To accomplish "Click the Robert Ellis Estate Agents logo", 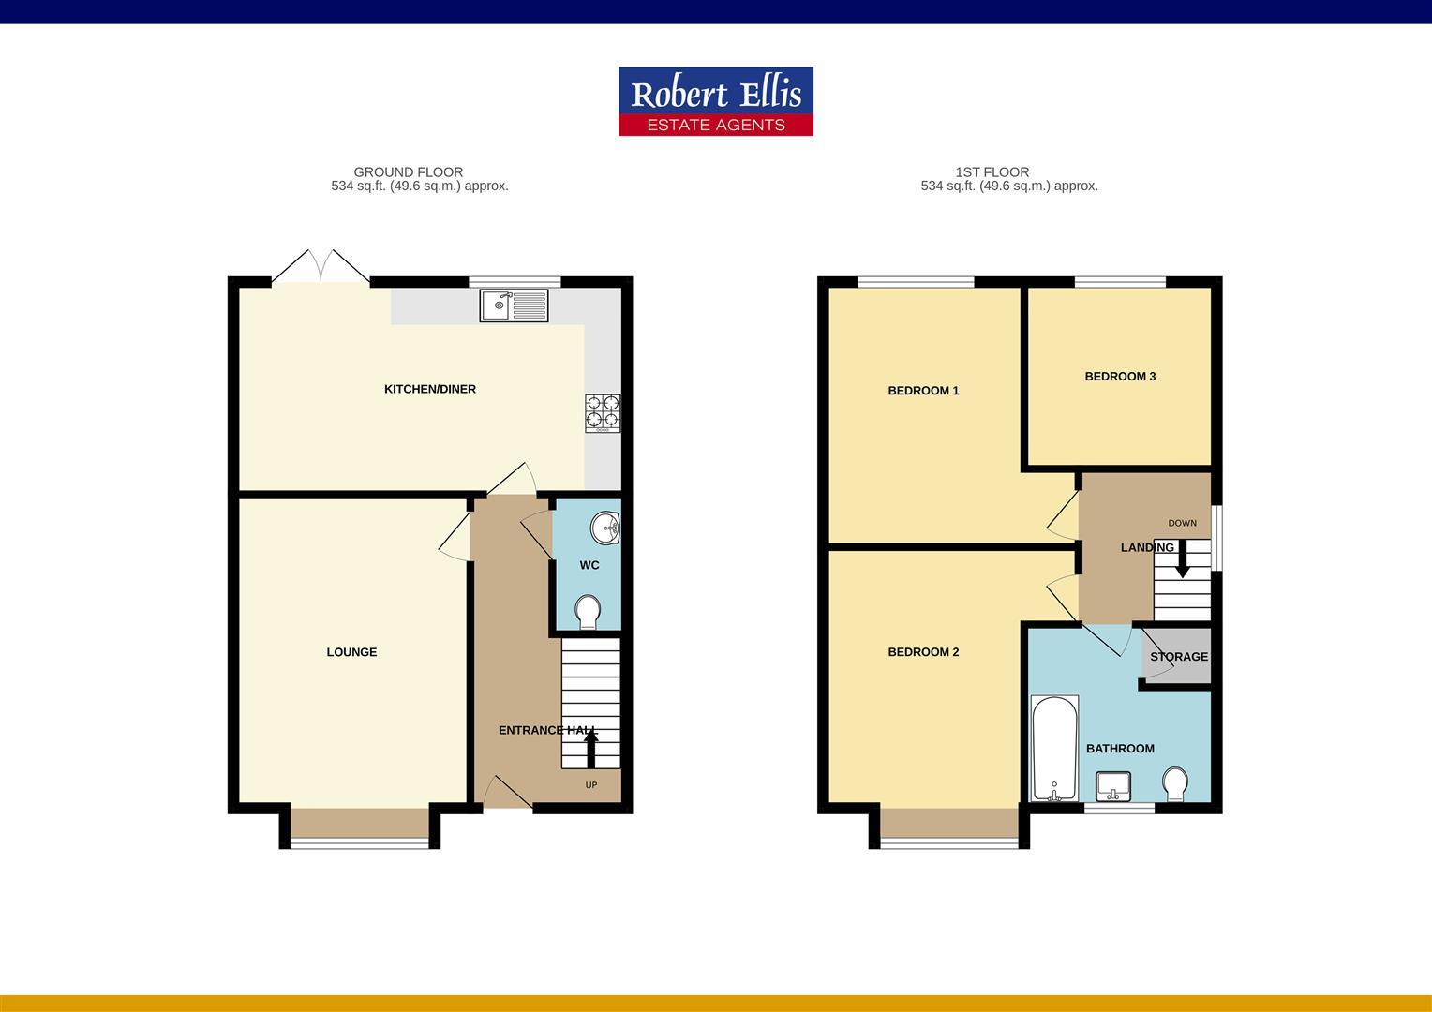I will click(715, 101).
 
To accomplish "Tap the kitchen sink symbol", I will click(514, 305).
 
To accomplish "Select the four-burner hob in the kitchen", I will click(603, 413).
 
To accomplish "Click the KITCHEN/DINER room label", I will click(430, 389).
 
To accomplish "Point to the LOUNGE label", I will click(351, 652).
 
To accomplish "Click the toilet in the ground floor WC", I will click(588, 612).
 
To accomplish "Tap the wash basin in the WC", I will click(605, 528).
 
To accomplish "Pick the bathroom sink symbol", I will click(1113, 786).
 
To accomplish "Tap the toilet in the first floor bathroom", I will click(1174, 784).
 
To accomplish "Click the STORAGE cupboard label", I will click(1178, 657).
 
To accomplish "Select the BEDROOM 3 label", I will click(1120, 377).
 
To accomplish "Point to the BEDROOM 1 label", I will click(923, 391).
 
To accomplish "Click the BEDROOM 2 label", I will click(923, 652).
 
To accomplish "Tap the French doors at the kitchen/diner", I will click(321, 268).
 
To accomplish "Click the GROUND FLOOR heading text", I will click(408, 172).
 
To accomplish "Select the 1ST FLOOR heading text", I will click(992, 172).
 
